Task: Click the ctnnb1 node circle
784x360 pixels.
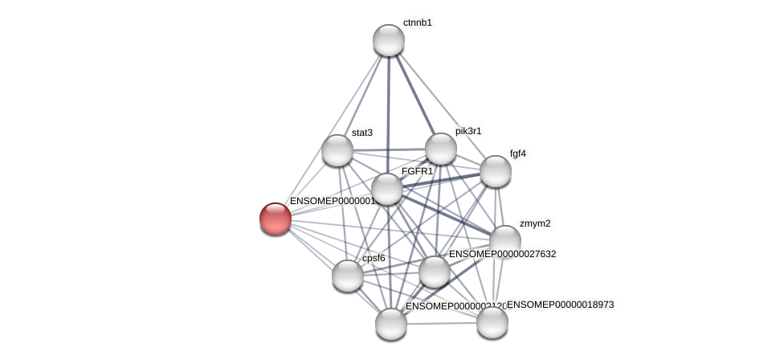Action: coord(389,40)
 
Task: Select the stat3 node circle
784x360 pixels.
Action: coord(337,150)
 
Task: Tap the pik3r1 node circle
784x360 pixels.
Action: coord(441,149)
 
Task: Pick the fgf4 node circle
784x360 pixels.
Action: coord(496,171)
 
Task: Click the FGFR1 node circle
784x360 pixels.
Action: coord(387,190)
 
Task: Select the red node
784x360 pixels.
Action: coord(276,219)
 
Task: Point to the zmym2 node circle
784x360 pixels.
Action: coord(505,241)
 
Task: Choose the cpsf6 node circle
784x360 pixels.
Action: coord(348,276)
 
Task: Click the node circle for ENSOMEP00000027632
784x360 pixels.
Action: coord(435,272)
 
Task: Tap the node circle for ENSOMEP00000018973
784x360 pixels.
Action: coord(492,322)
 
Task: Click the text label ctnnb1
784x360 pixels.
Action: coord(418,22)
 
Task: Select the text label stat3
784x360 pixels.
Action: coord(362,133)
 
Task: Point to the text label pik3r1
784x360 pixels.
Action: coord(468,131)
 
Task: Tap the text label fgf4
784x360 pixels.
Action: coord(518,153)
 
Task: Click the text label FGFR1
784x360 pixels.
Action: coord(417,171)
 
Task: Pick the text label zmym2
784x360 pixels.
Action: coord(535,223)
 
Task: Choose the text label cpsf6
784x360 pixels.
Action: coord(374,258)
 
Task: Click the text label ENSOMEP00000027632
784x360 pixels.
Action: coord(502,254)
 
